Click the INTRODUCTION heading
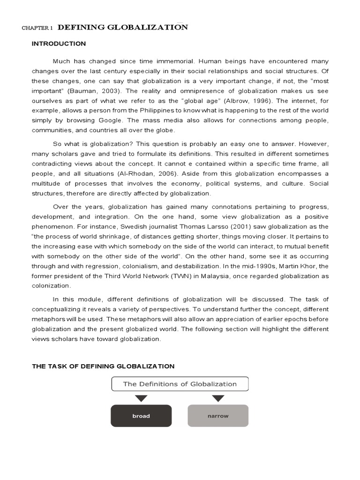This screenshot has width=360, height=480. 59,44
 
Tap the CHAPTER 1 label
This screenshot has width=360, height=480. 37,28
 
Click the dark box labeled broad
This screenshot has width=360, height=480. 141,416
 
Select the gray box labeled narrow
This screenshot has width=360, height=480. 218,416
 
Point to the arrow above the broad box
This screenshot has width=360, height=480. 141,398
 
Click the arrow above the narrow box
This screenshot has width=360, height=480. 218,398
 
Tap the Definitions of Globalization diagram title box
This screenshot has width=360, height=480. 180,384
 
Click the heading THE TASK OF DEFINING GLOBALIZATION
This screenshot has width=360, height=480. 103,366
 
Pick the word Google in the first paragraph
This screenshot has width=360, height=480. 122,120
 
